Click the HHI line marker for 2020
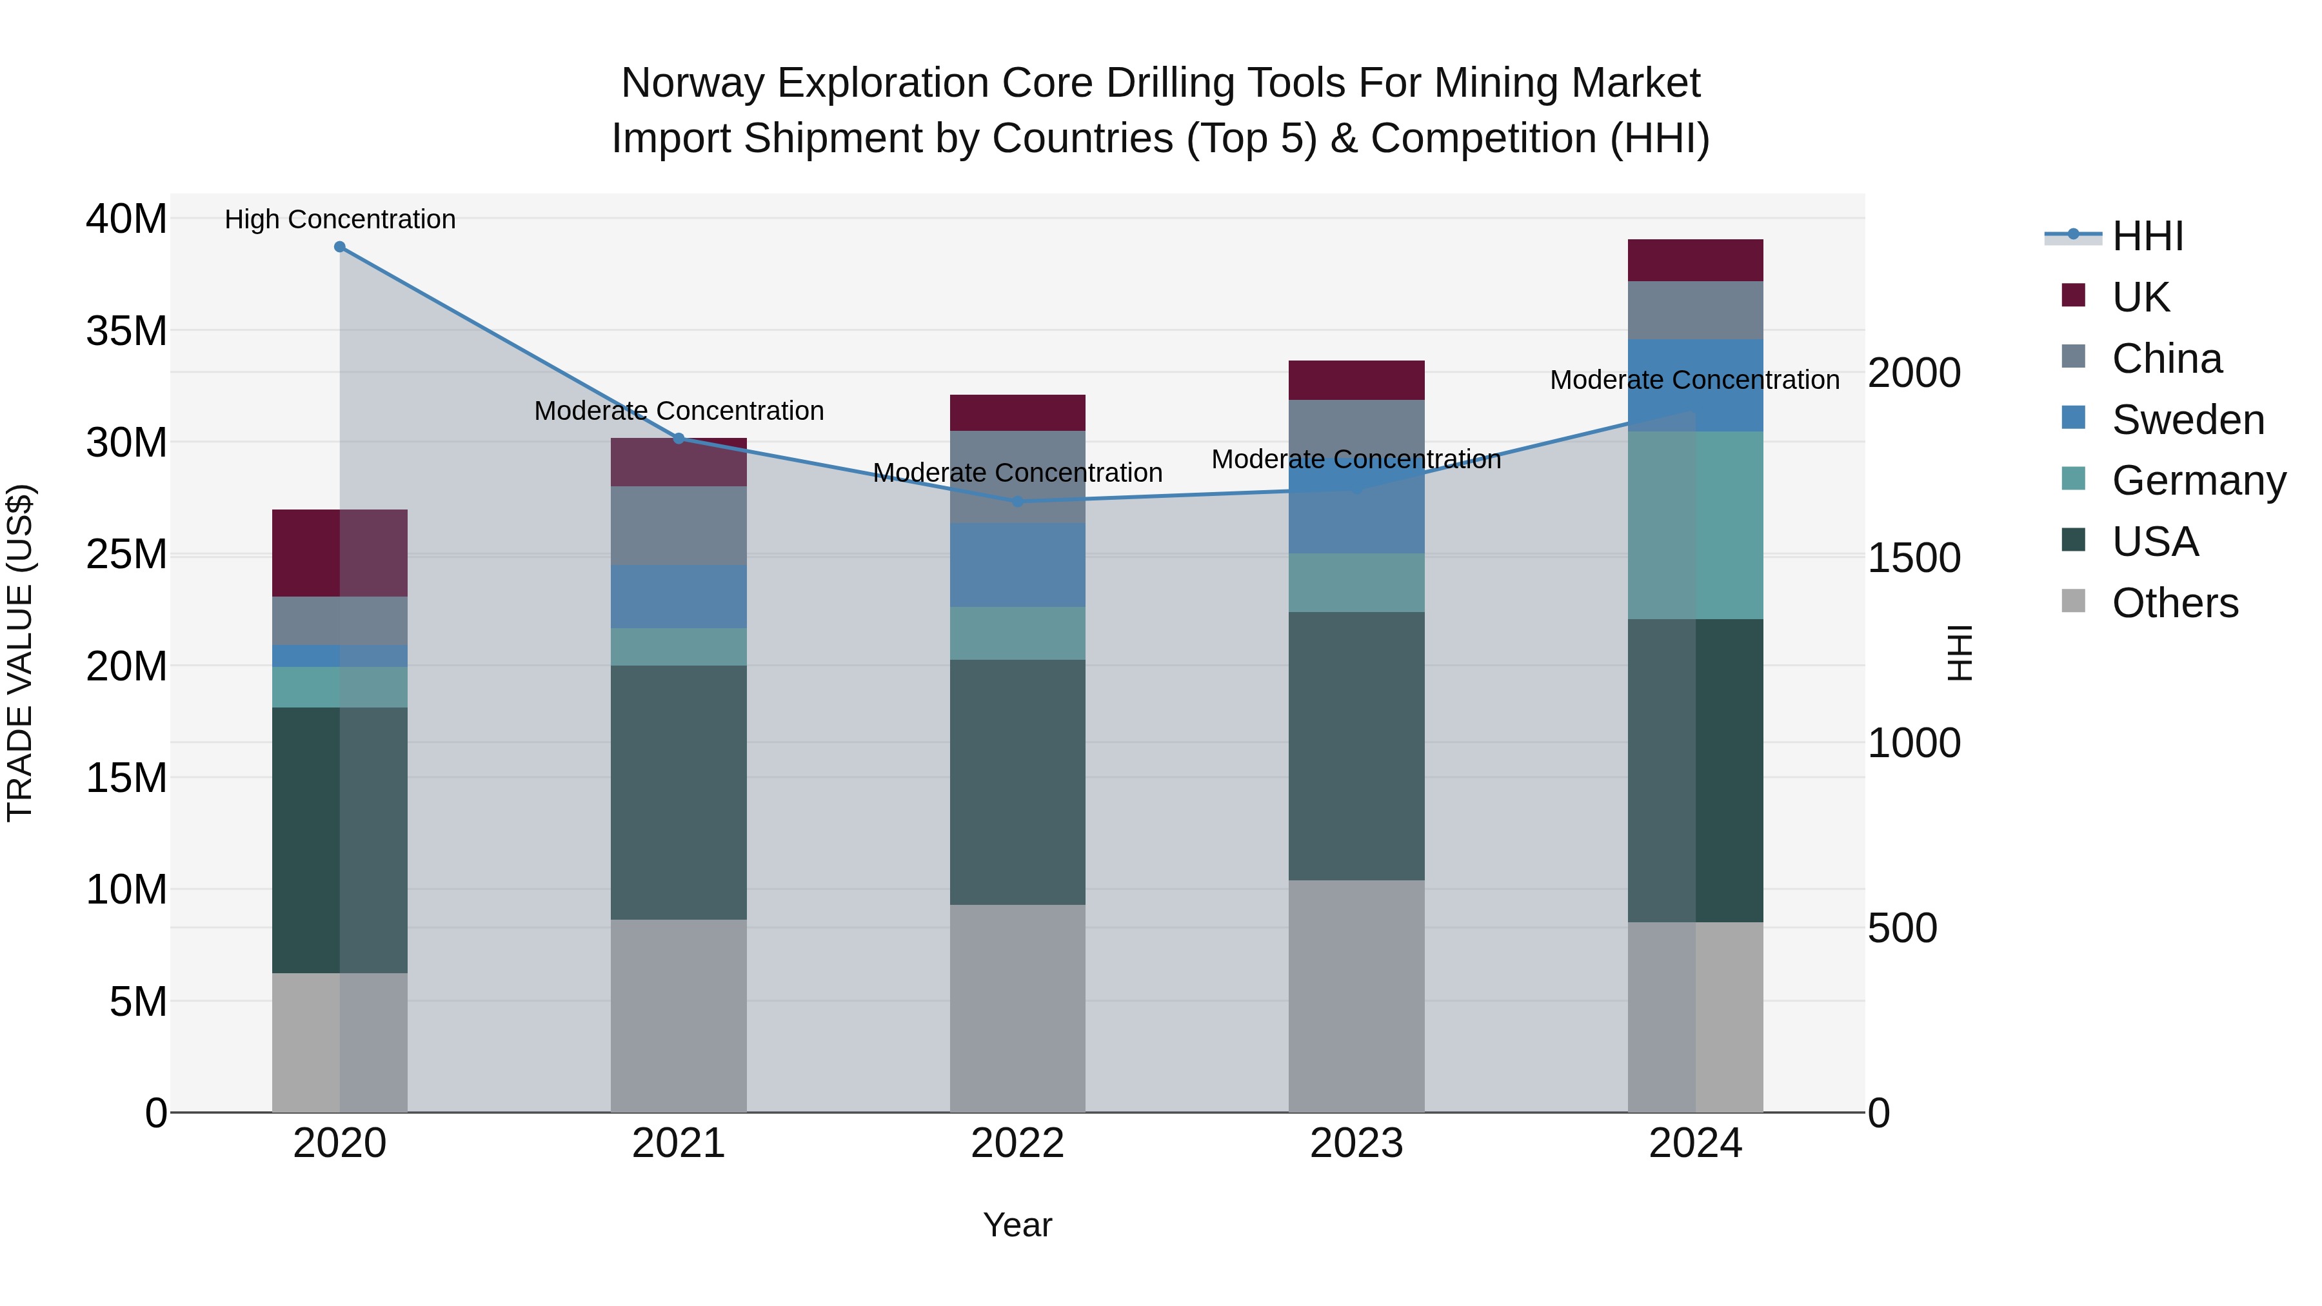point(340,247)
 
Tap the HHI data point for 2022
point(1018,501)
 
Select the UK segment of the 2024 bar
point(1696,261)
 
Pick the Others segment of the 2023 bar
point(1356,996)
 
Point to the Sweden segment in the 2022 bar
point(1018,565)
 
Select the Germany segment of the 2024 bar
point(1696,526)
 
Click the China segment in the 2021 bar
point(679,526)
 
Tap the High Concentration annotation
point(340,219)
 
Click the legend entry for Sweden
point(2188,420)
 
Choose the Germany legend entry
point(2199,480)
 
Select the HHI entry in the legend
point(2147,236)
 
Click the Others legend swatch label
point(2174,603)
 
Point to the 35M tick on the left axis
point(126,331)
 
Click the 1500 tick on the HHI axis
point(1914,558)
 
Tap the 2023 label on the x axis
point(1356,1143)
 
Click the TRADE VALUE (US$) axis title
point(20,653)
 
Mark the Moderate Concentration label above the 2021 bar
point(679,411)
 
